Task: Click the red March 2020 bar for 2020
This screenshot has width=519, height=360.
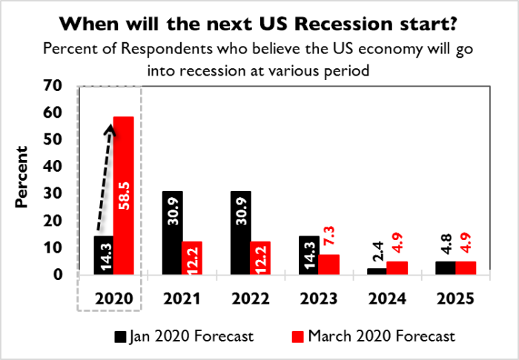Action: (123, 196)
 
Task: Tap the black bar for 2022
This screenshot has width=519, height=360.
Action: (240, 233)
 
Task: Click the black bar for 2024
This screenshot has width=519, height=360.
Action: (377, 271)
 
